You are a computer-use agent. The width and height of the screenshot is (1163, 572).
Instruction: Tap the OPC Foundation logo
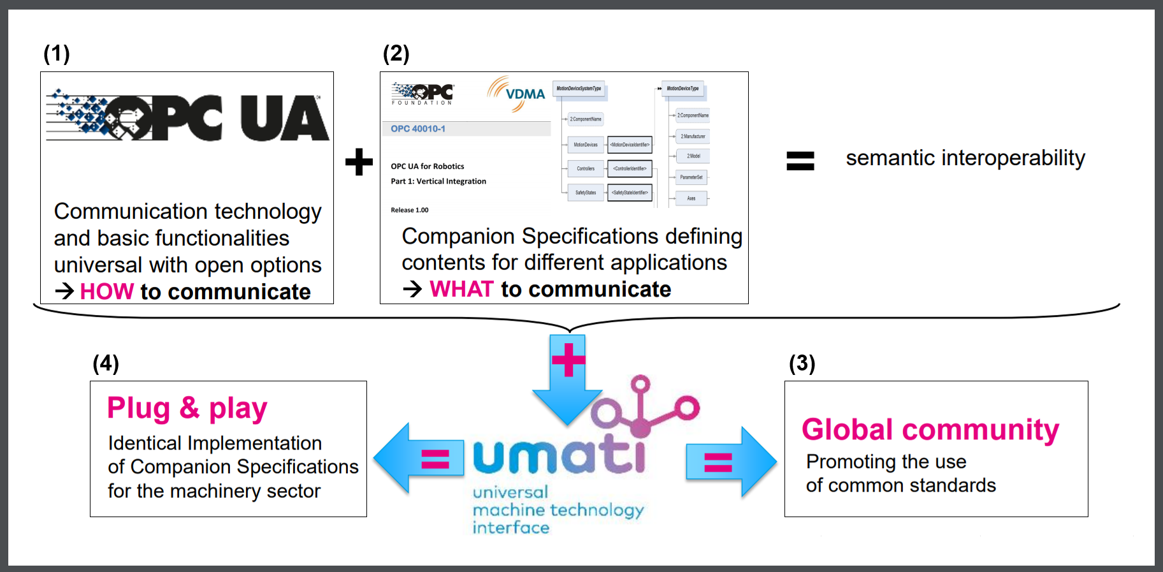[423, 94]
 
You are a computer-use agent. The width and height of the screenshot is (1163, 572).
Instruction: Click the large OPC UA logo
[187, 116]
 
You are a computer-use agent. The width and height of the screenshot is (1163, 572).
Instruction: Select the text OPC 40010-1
[418, 129]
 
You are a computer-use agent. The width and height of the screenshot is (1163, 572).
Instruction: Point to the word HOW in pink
[107, 291]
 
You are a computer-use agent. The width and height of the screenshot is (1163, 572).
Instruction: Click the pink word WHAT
[461, 289]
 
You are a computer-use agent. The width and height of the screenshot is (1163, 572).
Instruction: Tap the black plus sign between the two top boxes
[359, 161]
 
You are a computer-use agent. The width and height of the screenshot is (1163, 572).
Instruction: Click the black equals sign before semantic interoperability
[800, 161]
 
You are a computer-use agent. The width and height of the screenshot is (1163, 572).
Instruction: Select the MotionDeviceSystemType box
[579, 89]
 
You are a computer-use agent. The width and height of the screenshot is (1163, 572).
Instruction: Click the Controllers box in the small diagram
[586, 168]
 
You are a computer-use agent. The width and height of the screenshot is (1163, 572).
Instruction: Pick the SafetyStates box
[586, 193]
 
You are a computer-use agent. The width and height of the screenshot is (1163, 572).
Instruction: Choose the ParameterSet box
[691, 177]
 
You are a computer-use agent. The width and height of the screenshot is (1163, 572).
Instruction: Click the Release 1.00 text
[410, 210]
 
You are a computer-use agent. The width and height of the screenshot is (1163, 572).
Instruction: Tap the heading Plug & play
[187, 408]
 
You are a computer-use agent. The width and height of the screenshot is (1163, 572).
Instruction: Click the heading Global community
[930, 430]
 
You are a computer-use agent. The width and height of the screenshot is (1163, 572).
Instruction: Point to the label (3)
[802, 363]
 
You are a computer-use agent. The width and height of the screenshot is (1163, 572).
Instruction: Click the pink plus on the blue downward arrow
[568, 359]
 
